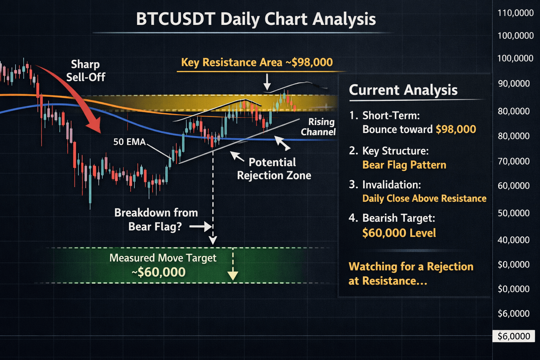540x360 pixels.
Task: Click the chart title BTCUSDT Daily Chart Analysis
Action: click(256, 19)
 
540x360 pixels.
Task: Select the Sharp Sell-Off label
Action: click(85, 71)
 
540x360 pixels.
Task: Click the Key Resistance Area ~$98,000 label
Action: click(257, 62)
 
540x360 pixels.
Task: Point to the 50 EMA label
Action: click(129, 142)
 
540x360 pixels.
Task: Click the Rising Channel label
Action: click(318, 127)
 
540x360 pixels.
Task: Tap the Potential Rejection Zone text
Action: click(274, 169)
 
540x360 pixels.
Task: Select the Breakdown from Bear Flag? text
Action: click(156, 219)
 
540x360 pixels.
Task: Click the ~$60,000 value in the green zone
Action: click(159, 272)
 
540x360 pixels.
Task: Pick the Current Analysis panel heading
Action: click(403, 90)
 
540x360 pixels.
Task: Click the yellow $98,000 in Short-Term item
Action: click(456, 129)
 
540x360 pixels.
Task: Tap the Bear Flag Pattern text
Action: click(404, 165)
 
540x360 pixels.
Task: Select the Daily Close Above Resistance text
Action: click(424, 198)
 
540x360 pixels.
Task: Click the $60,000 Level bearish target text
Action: click(399, 233)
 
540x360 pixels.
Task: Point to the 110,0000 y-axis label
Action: click(516, 13)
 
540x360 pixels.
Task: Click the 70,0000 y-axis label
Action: click(514, 161)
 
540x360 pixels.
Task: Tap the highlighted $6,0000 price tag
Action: click(514, 336)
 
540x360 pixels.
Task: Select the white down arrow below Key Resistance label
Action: click(267, 82)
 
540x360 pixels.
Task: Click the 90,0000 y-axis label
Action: click(514, 83)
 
